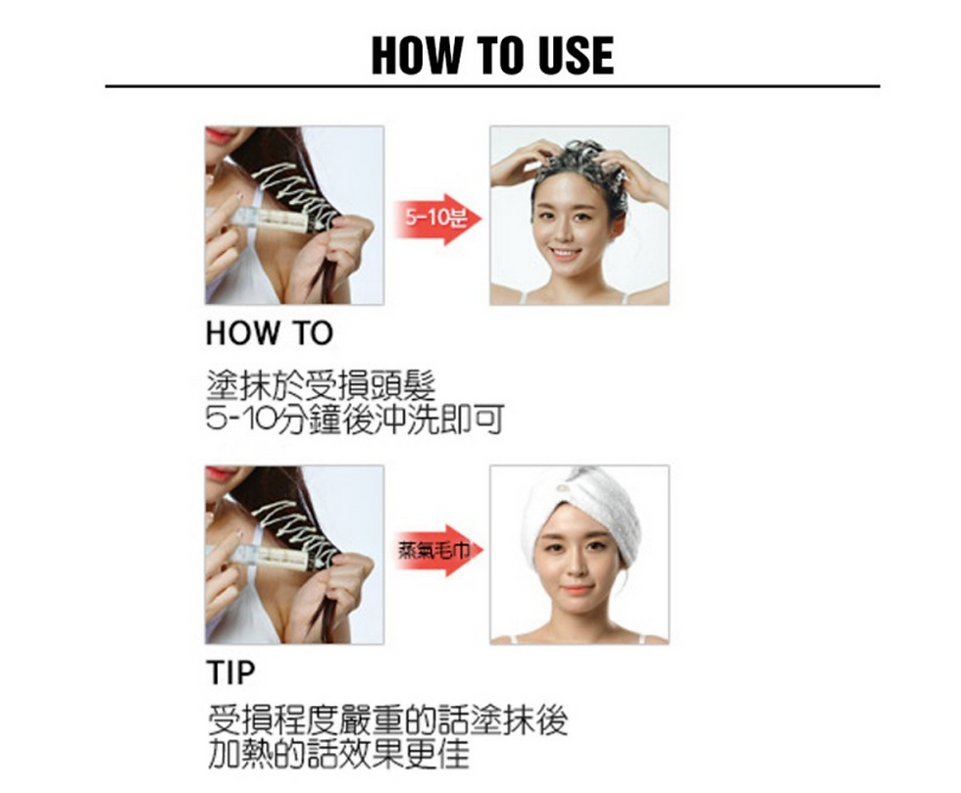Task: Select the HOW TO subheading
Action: pos(269,334)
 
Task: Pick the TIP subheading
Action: pos(230,673)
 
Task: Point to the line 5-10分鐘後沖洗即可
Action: pos(354,420)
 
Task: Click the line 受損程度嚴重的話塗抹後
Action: pos(387,722)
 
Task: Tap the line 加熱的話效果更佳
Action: pos(337,756)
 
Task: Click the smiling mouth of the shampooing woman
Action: pos(566,254)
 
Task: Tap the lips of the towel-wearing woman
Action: pos(578,591)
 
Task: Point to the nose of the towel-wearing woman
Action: pos(578,569)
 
